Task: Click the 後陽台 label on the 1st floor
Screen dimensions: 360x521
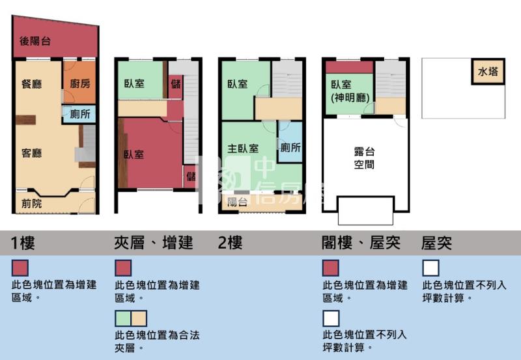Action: tap(35, 42)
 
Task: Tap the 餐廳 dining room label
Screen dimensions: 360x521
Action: tap(32, 83)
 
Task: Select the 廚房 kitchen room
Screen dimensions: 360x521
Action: tap(79, 83)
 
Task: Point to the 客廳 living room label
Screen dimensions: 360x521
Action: tap(32, 154)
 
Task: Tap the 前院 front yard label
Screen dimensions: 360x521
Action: tap(31, 203)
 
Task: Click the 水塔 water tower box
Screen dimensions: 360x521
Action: tap(488, 72)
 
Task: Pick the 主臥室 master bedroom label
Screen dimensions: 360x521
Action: tap(243, 148)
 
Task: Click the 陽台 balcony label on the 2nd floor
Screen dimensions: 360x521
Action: tap(236, 202)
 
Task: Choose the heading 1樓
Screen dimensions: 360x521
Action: tap(23, 243)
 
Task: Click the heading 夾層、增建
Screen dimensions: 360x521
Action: tap(154, 243)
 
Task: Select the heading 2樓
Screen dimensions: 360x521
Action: tap(231, 243)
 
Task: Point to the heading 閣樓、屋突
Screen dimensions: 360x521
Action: tap(361, 243)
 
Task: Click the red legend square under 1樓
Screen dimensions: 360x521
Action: tap(20, 268)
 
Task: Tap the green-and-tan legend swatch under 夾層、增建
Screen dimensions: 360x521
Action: tap(131, 318)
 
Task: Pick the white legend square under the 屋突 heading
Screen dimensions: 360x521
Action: tap(430, 268)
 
